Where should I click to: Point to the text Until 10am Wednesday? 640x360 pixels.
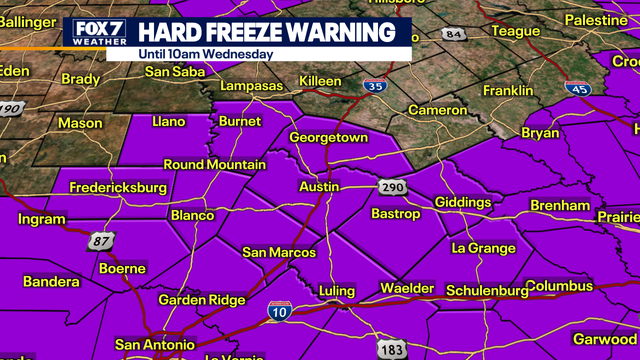pos(206,53)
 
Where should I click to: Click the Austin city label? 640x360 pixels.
pos(319,187)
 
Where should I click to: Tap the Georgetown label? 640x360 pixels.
pos(329,138)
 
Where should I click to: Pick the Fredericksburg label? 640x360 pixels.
pos(118,187)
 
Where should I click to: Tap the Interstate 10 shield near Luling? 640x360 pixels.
pos(280,313)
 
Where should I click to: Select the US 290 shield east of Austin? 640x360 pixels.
pos(391,187)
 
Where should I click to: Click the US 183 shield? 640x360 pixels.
pos(391,348)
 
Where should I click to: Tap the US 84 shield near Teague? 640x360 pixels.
pos(455,35)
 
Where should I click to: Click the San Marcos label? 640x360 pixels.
pos(279,253)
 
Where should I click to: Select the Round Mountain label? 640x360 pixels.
pos(214,165)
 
